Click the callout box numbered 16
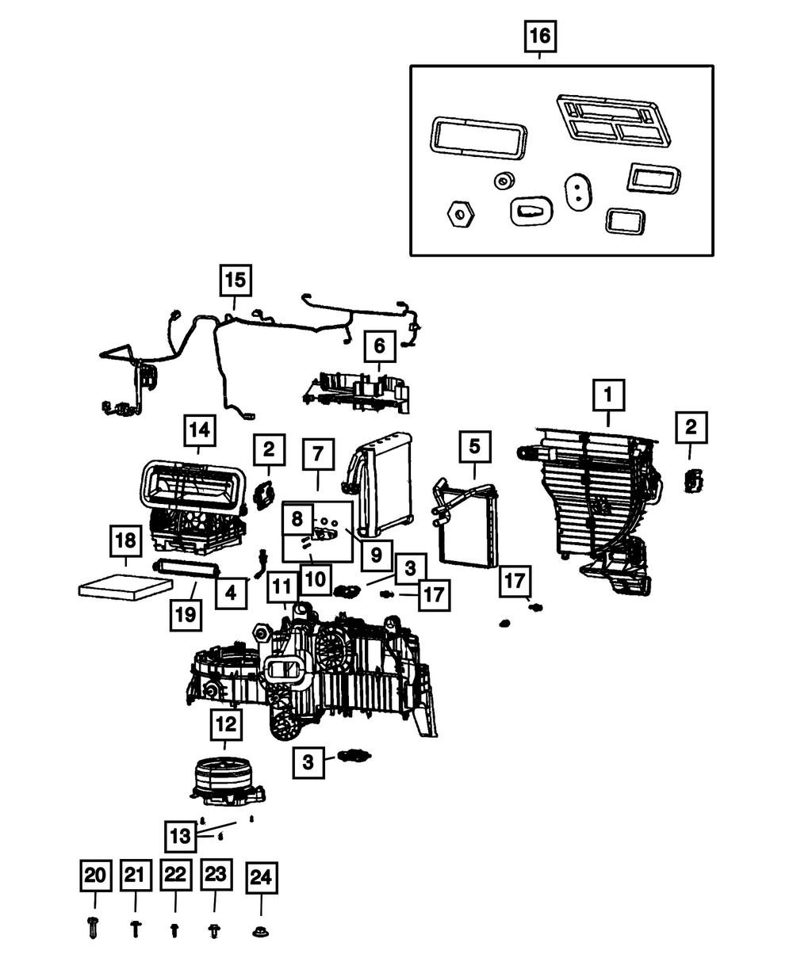(x=539, y=36)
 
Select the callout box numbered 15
(x=235, y=281)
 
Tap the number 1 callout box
(x=608, y=394)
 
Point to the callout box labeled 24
(x=261, y=876)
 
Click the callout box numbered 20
(x=94, y=876)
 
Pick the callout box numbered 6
(x=379, y=346)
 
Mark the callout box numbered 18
(x=125, y=544)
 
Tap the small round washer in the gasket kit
(x=502, y=181)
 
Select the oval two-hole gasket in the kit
(x=577, y=191)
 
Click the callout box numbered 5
(x=473, y=446)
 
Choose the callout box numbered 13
(x=181, y=834)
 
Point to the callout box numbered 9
(x=375, y=553)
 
